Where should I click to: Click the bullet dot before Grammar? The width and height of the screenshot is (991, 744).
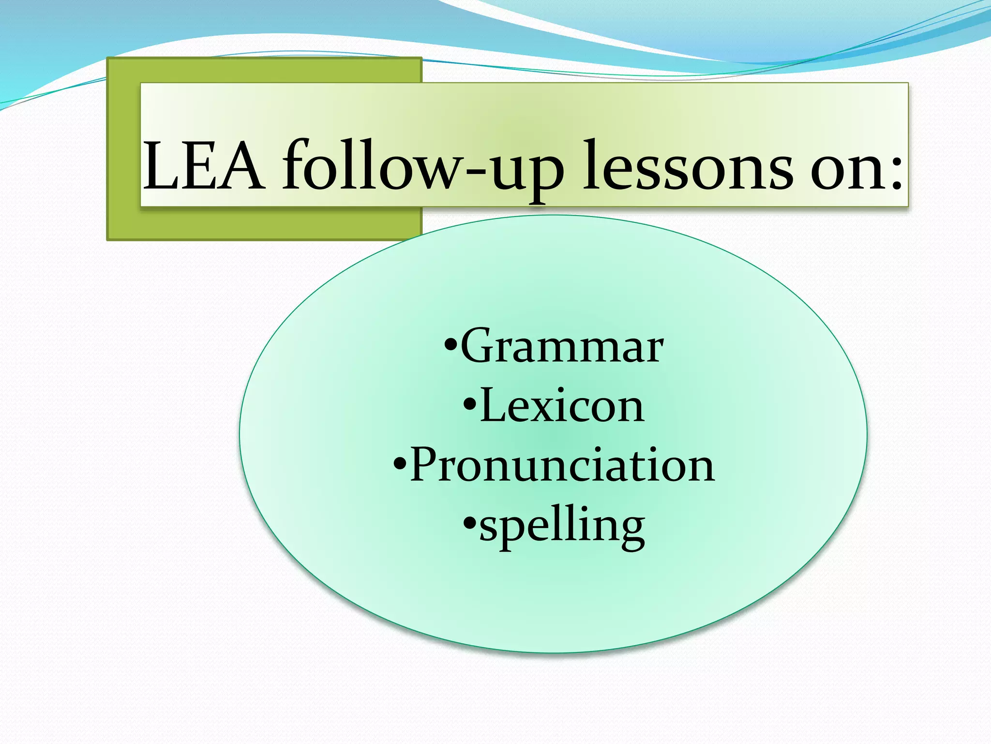point(450,347)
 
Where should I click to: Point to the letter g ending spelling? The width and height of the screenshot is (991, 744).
point(630,530)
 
